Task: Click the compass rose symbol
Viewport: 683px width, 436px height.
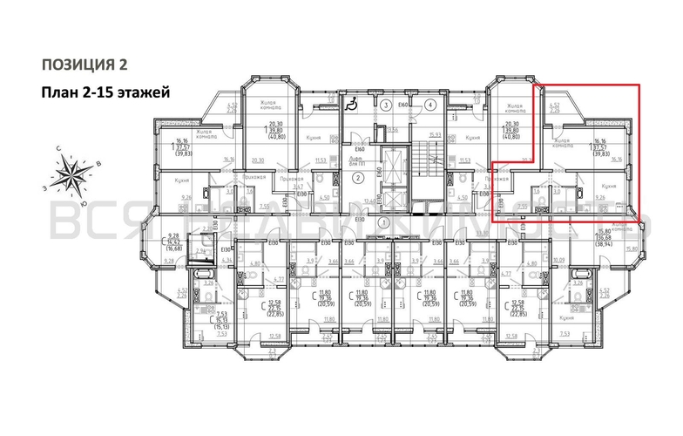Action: (77, 172)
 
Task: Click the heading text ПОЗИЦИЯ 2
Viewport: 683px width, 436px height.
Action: (85, 64)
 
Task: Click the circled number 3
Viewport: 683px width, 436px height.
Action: (385, 106)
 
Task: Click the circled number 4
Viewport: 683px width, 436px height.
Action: (431, 106)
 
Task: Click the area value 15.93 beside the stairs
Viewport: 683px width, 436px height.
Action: (434, 134)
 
